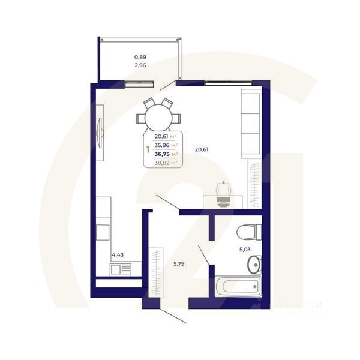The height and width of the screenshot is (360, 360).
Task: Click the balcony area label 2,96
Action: click(140, 65)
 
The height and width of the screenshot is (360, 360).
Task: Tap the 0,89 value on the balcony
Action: click(140, 57)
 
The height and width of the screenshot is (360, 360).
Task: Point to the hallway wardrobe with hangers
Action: click(158, 271)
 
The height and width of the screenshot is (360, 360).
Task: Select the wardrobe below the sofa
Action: click(256, 183)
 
